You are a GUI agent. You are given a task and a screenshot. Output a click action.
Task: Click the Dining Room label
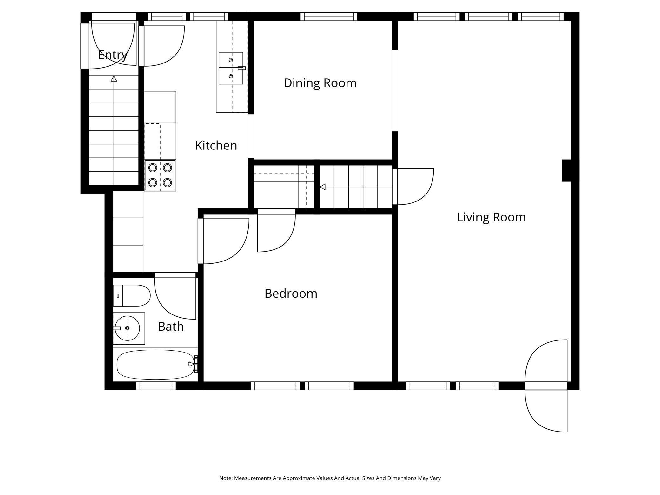pyautogui.click(x=320, y=83)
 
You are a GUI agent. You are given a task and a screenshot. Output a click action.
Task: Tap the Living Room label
pyautogui.click(x=491, y=217)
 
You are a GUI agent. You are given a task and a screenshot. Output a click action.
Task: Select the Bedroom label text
pyautogui.click(x=291, y=294)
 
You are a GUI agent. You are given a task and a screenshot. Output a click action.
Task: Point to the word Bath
pyautogui.click(x=171, y=327)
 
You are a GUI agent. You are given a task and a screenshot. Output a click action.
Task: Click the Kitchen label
pyautogui.click(x=216, y=146)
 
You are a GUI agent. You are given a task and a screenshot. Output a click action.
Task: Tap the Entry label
pyautogui.click(x=113, y=55)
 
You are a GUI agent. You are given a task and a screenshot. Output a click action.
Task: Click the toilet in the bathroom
pyautogui.click(x=132, y=295)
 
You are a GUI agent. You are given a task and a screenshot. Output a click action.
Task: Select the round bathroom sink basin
pyautogui.click(x=127, y=328)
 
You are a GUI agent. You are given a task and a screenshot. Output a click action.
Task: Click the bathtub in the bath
pyautogui.click(x=155, y=365)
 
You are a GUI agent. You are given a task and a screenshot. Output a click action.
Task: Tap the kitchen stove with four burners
pyautogui.click(x=160, y=175)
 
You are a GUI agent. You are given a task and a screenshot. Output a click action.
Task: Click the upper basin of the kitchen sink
pyautogui.click(x=231, y=60)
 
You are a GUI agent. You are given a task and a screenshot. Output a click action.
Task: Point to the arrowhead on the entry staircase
pyautogui.click(x=114, y=79)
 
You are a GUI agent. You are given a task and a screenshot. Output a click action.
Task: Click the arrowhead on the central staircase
pyautogui.click(x=323, y=187)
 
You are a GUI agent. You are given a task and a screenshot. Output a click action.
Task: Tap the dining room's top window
pyautogui.click(x=329, y=16)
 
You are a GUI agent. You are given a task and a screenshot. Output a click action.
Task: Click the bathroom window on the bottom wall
pyautogui.click(x=156, y=386)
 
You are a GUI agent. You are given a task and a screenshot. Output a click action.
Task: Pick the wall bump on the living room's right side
pyautogui.click(x=567, y=170)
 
